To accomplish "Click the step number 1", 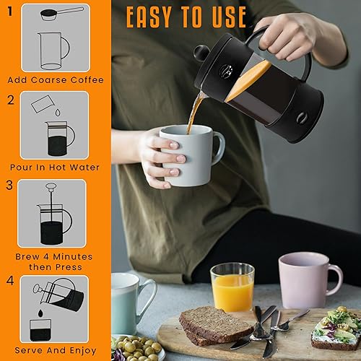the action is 10,12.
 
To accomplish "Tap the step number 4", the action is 10,281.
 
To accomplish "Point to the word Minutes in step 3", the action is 72,257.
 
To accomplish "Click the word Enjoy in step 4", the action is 83,351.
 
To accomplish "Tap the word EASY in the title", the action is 149,17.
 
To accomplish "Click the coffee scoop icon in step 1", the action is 61,14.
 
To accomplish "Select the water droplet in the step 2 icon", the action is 58,113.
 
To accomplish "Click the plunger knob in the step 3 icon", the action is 51,186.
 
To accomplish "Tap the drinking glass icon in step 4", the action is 40,330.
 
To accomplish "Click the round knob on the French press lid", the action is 201,53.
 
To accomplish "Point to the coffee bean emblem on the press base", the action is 300,118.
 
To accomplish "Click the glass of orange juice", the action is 232,287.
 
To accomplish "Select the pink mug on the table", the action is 309,280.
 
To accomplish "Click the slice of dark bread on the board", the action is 214,325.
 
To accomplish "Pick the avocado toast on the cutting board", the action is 336,329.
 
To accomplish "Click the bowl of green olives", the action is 137,349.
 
